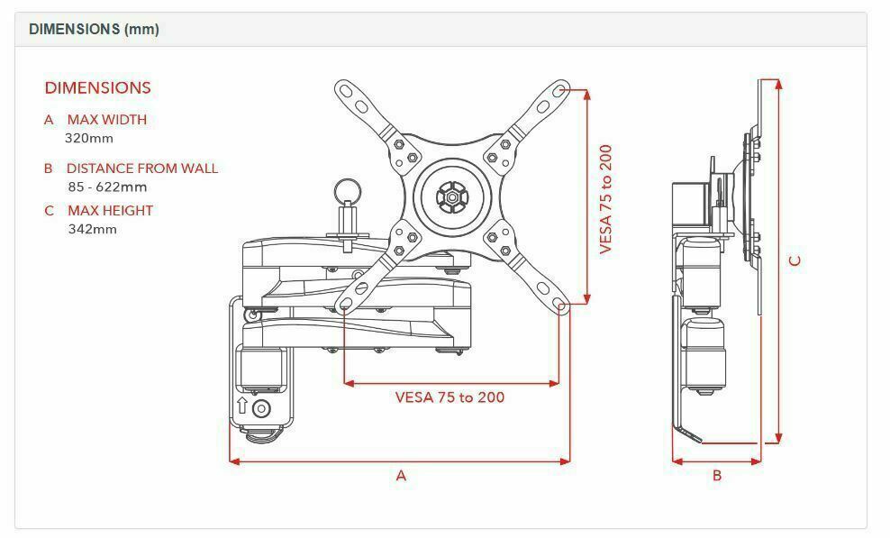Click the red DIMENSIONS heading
pos(97,88)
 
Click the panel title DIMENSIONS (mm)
pos(95,29)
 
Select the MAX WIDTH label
pos(107,120)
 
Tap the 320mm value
pos(89,139)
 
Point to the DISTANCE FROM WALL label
pos(142,169)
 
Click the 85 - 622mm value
pos(107,187)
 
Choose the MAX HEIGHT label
pos(111,211)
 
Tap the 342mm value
pos(93,230)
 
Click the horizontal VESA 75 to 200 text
pos(450,397)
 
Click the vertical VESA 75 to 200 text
pos(606,199)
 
